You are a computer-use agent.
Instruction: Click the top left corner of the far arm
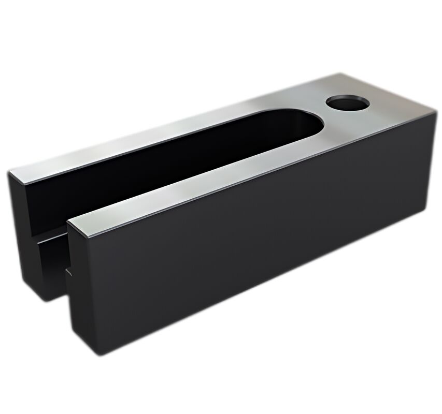click(9, 173)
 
